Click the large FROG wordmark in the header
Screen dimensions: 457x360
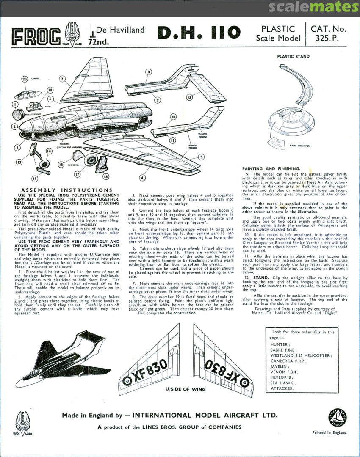[36, 37]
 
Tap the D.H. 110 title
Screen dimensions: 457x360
[199, 33]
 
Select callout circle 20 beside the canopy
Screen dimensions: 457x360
[25, 79]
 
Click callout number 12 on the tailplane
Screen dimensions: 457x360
[189, 97]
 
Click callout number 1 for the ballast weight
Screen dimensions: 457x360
[15, 104]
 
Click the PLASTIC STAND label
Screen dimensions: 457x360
[293, 56]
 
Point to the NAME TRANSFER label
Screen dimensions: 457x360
[299, 146]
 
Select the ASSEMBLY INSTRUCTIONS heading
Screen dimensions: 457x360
[67, 190]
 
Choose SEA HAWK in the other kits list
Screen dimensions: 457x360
[280, 382]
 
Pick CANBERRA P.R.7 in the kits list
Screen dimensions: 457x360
[287, 361]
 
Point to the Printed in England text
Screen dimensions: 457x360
[330, 432]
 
